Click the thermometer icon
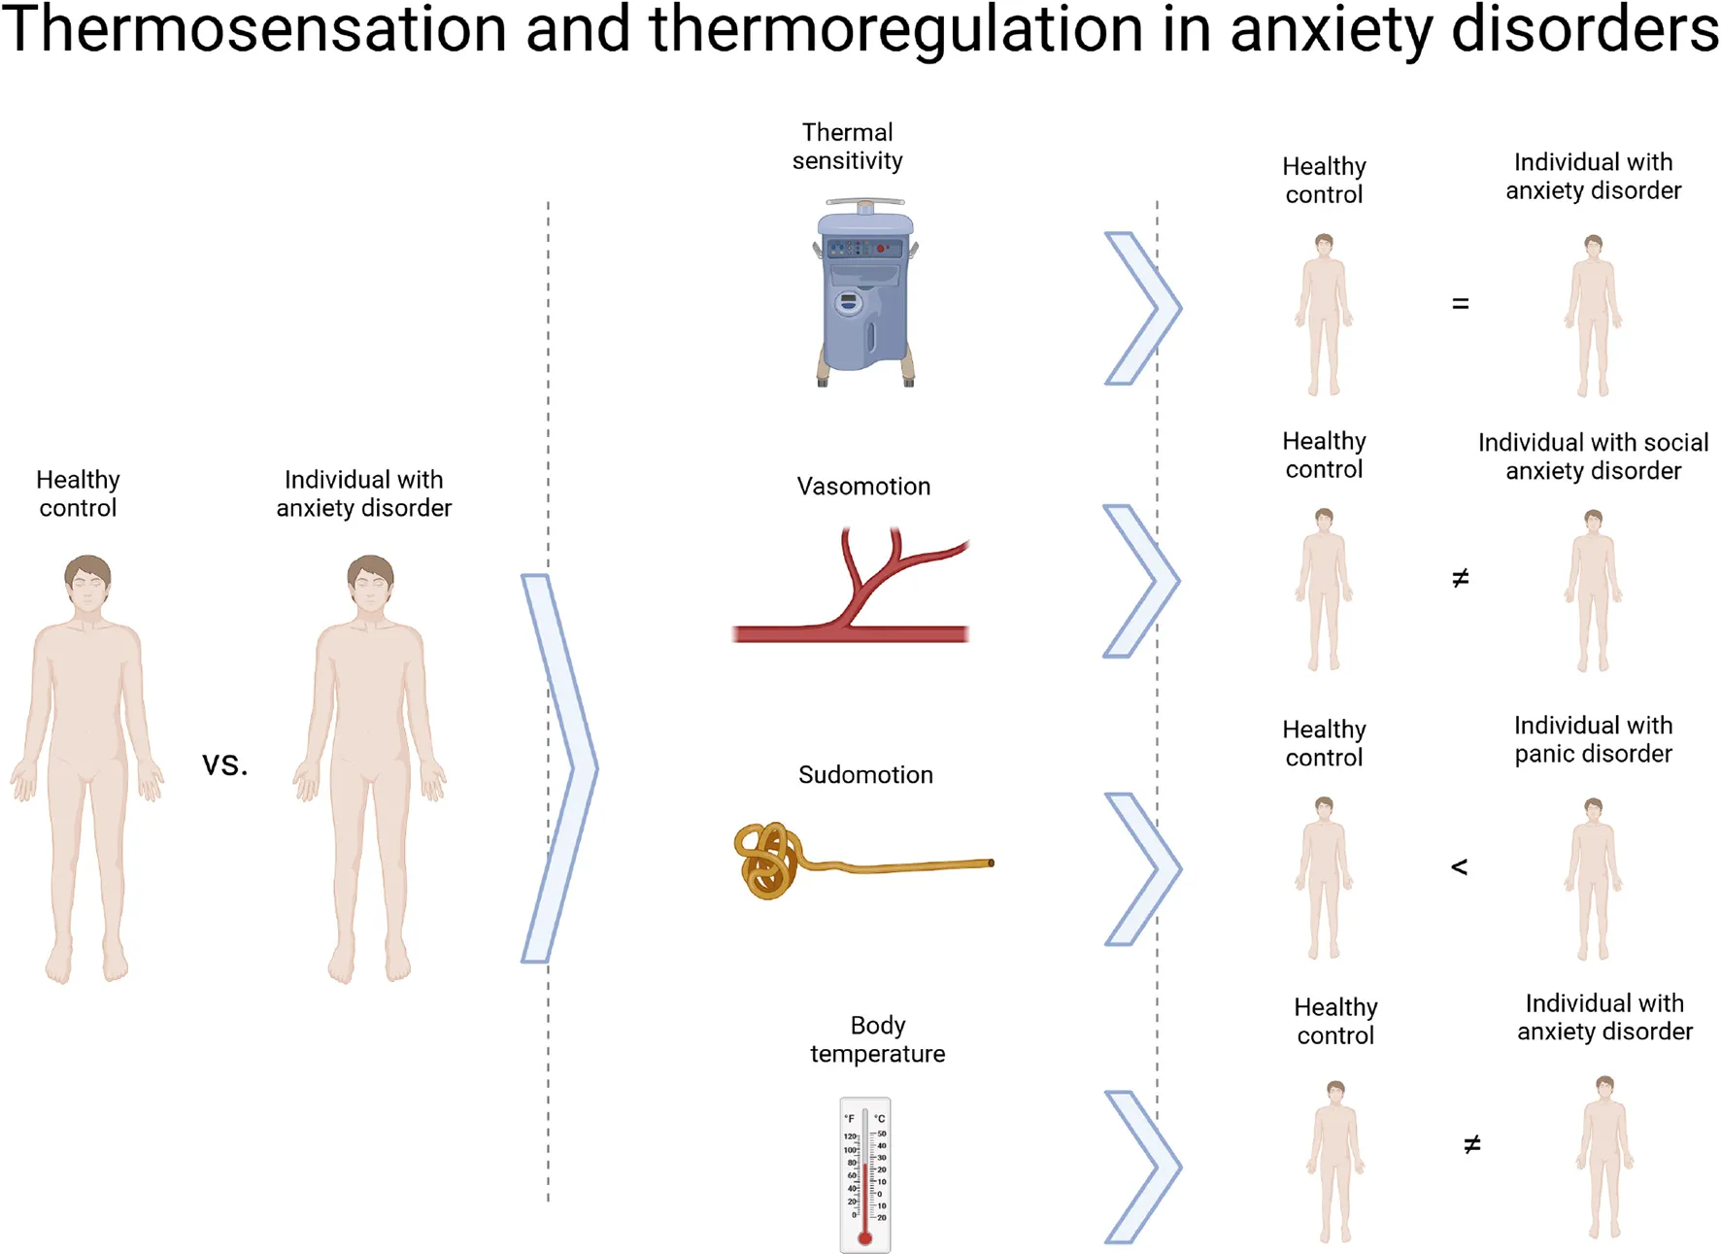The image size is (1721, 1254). (864, 1175)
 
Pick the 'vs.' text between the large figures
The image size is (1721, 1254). (225, 765)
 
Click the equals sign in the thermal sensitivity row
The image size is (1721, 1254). (1460, 304)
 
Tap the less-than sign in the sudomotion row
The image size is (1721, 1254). (1459, 866)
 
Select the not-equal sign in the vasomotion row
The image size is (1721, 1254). (1460, 579)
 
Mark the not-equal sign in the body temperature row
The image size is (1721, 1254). (1472, 1145)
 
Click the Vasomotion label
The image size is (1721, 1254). (863, 487)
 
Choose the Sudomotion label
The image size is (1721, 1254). (865, 775)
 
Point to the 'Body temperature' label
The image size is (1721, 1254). (877, 1039)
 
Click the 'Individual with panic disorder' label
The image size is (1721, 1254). (1593, 739)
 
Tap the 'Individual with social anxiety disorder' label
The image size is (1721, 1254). (1593, 457)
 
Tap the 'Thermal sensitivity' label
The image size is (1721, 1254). (847, 147)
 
